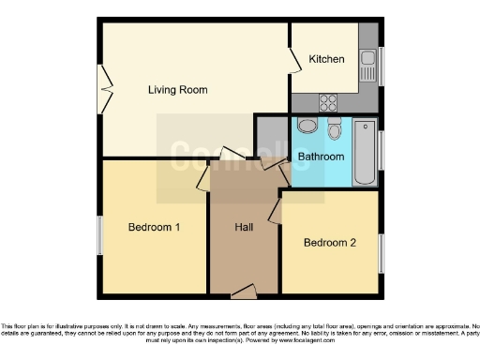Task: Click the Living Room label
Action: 177,90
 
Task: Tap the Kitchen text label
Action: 327,59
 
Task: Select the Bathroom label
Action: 321,157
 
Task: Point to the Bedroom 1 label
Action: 154,227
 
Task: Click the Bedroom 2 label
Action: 330,243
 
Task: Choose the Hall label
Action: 244,227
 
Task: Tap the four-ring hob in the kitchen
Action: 329,102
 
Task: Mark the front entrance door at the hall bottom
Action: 244,292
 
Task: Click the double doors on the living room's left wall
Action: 106,91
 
